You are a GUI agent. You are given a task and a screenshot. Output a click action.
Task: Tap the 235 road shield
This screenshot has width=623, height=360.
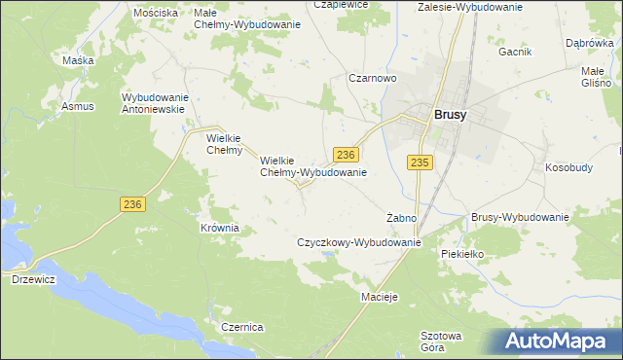click(x=420, y=163)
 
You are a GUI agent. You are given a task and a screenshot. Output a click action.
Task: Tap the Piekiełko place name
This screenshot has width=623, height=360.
click(x=461, y=254)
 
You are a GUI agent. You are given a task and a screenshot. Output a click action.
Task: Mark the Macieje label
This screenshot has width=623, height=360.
click(x=380, y=295)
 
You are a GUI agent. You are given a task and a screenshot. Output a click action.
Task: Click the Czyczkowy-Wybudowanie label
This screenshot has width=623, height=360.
click(x=358, y=242)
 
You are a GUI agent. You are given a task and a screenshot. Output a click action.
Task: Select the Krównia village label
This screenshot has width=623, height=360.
click(x=219, y=228)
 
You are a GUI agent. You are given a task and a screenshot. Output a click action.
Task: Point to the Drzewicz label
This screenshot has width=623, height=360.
click(x=32, y=279)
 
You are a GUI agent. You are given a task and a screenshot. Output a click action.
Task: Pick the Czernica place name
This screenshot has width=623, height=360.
click(x=242, y=327)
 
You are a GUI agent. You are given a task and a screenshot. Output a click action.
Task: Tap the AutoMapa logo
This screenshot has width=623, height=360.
click(x=553, y=342)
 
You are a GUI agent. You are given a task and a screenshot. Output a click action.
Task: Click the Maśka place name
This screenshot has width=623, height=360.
click(x=77, y=60)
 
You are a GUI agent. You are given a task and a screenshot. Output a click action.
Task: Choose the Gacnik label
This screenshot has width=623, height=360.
click(x=515, y=52)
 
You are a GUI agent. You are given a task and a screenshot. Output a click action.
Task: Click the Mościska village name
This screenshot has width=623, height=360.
click(x=156, y=13)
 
